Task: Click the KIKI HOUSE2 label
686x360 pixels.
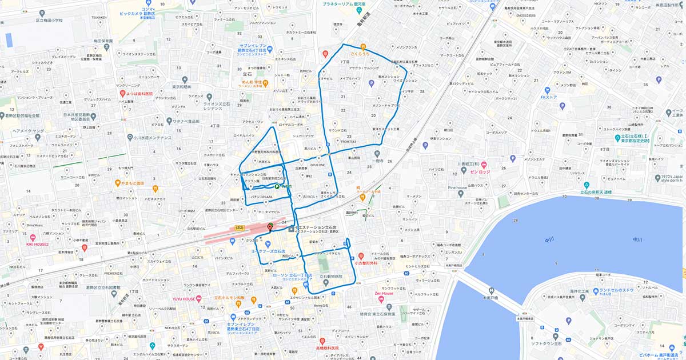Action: [38, 244]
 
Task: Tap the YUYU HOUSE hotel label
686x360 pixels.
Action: [185, 298]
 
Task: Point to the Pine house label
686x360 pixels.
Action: [457, 187]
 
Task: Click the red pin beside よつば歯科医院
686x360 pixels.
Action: [122, 93]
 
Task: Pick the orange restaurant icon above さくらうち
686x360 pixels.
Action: [363, 47]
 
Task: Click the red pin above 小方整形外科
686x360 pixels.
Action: [361, 255]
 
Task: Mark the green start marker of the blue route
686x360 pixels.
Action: [277, 186]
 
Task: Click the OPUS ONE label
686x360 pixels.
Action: [317, 165]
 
